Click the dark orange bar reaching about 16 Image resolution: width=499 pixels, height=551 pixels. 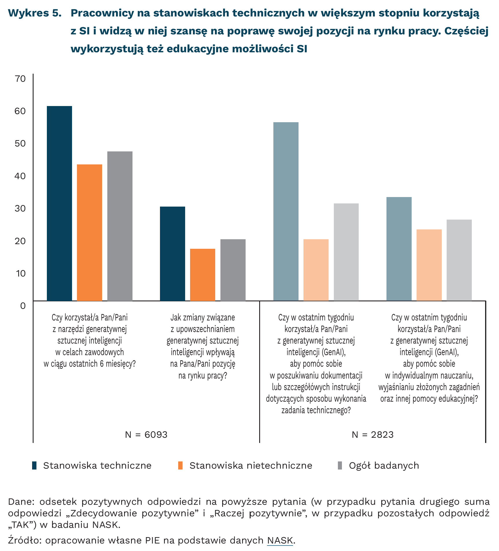202,275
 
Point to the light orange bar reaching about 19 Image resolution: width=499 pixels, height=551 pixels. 316,270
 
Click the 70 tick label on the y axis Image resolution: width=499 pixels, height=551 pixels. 21,79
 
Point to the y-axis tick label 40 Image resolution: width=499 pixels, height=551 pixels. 21,176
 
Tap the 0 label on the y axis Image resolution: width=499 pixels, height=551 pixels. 23,306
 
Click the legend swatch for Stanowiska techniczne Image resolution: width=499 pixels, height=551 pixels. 34,465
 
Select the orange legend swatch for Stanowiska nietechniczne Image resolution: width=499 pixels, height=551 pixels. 180,465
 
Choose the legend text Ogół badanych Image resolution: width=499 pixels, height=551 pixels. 384,465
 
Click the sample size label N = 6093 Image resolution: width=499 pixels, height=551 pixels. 146,435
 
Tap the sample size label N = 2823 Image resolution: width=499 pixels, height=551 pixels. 373,435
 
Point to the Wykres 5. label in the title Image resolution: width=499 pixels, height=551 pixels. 35,13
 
